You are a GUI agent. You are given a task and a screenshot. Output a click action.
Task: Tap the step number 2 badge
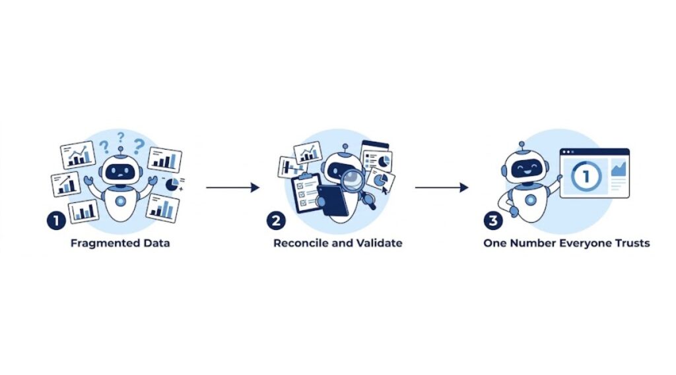(x=276, y=220)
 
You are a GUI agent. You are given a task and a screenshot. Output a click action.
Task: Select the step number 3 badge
(x=493, y=220)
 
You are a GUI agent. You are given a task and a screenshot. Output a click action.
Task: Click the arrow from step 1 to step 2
(x=232, y=187)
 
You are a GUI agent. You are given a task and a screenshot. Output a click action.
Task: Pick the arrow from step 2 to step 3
(x=442, y=187)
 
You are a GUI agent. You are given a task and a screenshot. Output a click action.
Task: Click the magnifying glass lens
(x=353, y=180)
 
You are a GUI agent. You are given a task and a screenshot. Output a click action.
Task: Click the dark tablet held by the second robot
(x=333, y=200)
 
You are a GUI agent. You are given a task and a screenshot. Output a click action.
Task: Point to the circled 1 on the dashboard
(x=586, y=176)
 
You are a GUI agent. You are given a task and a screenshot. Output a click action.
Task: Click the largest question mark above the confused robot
(x=139, y=146)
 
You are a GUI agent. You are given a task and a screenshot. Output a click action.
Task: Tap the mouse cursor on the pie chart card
(x=384, y=190)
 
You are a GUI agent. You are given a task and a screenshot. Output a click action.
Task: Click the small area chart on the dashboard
(x=619, y=168)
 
